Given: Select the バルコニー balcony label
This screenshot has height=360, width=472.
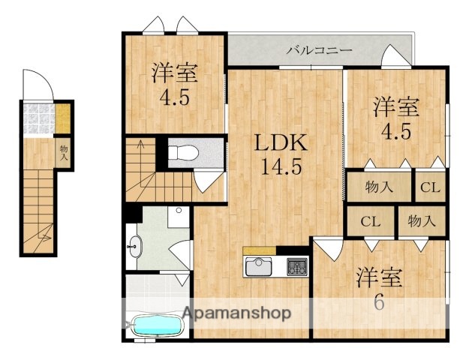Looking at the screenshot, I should pyautogui.click(x=319, y=50).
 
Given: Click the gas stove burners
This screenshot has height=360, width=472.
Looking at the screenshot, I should pyautogui.click(x=297, y=266).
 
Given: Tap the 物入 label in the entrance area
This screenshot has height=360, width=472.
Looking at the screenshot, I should pyautogui.click(x=65, y=153).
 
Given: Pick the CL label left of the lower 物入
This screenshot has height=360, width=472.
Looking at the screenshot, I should pyautogui.click(x=368, y=221).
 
